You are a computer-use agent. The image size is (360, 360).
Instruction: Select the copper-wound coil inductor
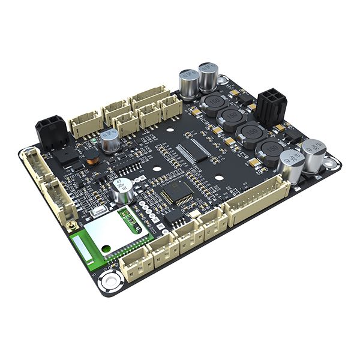pyautogui.click(x=91, y=159)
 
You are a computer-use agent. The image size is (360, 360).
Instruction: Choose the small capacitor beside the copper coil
pyautogui.click(x=109, y=141)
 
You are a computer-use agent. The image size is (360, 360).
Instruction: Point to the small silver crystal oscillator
pyautogui.click(x=98, y=211)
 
